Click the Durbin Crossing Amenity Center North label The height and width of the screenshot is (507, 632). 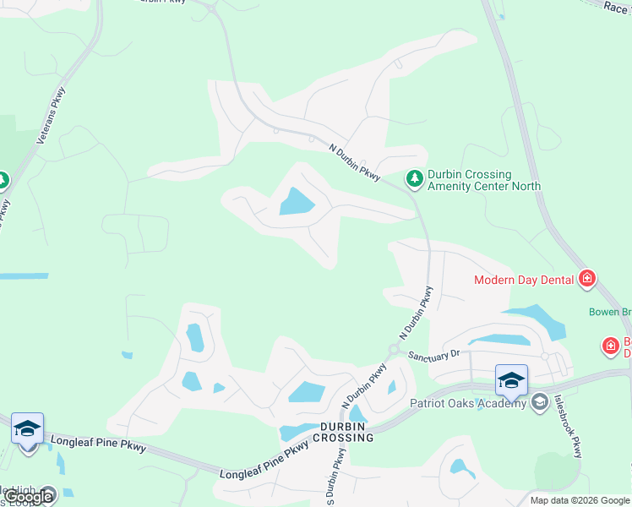pos(483,180)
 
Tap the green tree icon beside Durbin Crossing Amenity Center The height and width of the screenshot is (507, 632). pos(414,179)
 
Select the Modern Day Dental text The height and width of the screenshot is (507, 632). pos(523,280)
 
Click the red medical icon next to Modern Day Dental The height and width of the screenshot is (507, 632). pos(587,279)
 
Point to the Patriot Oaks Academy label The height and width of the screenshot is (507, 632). pos(468,402)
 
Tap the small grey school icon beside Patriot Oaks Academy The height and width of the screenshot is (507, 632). pos(539,402)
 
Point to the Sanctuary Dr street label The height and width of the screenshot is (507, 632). pos(433,356)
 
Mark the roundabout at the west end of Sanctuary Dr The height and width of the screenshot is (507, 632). pos(394,350)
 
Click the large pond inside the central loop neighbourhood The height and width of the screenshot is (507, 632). pos(297,202)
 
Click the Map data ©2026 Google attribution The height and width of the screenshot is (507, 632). pos(579,500)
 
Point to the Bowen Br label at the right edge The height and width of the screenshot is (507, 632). pos(610,312)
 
